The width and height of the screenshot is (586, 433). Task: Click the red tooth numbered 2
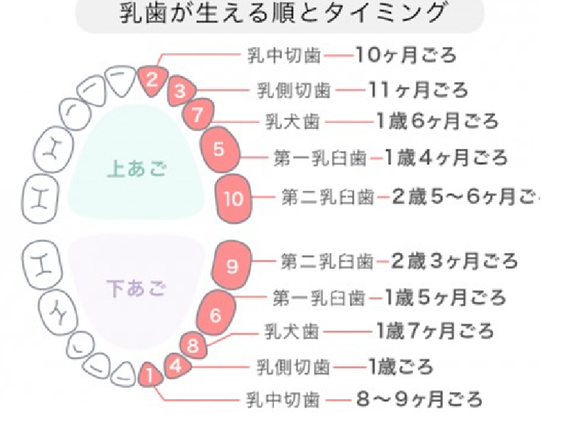pos(151,78)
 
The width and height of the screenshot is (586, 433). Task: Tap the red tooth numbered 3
pos(181,91)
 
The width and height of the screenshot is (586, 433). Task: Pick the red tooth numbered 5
pos(219,149)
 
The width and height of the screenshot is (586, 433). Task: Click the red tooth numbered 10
pos(233,198)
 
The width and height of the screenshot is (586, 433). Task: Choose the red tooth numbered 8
pos(193,347)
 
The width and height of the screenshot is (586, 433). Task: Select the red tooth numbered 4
pos(177,366)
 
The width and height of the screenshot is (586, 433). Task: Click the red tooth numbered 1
pos(149,374)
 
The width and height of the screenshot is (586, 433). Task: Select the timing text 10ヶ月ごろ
pos(406,54)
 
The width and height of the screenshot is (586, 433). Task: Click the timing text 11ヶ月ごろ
pos(418,90)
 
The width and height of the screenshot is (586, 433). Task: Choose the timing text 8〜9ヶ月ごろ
pos(420,400)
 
